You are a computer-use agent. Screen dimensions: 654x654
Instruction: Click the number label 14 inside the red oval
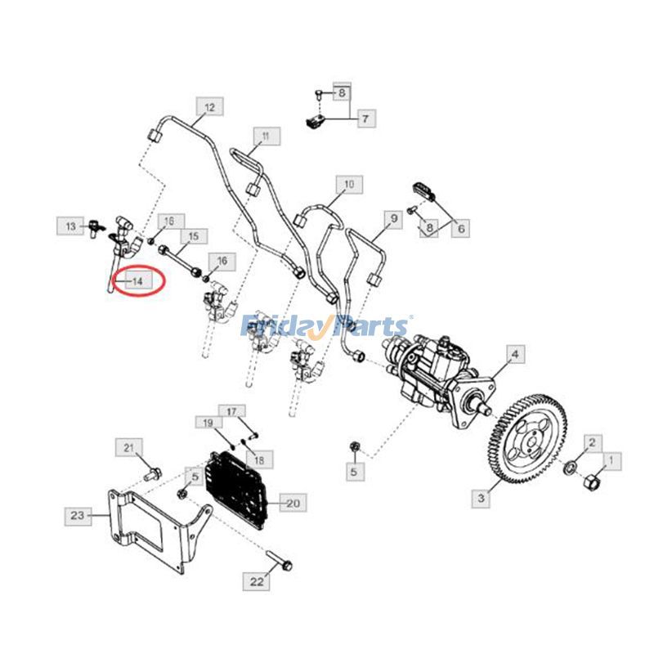tap(137, 281)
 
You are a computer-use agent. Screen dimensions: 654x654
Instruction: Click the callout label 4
tap(515, 355)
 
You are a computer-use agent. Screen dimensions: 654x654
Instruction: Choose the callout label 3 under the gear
tap(482, 496)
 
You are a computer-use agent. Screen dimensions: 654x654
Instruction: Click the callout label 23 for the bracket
tap(77, 515)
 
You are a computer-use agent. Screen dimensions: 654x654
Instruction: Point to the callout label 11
tap(266, 136)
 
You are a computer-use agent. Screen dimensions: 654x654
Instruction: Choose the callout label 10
tap(348, 186)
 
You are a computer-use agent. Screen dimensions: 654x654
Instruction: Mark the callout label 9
tap(393, 219)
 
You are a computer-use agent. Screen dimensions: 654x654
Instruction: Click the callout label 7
tap(365, 119)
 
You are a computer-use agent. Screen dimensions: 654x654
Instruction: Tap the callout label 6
tap(461, 229)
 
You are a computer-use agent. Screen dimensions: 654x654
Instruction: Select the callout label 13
tap(70, 225)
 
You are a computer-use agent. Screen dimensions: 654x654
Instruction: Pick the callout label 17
tap(231, 411)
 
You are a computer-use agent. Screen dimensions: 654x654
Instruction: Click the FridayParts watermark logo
tap(326, 326)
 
